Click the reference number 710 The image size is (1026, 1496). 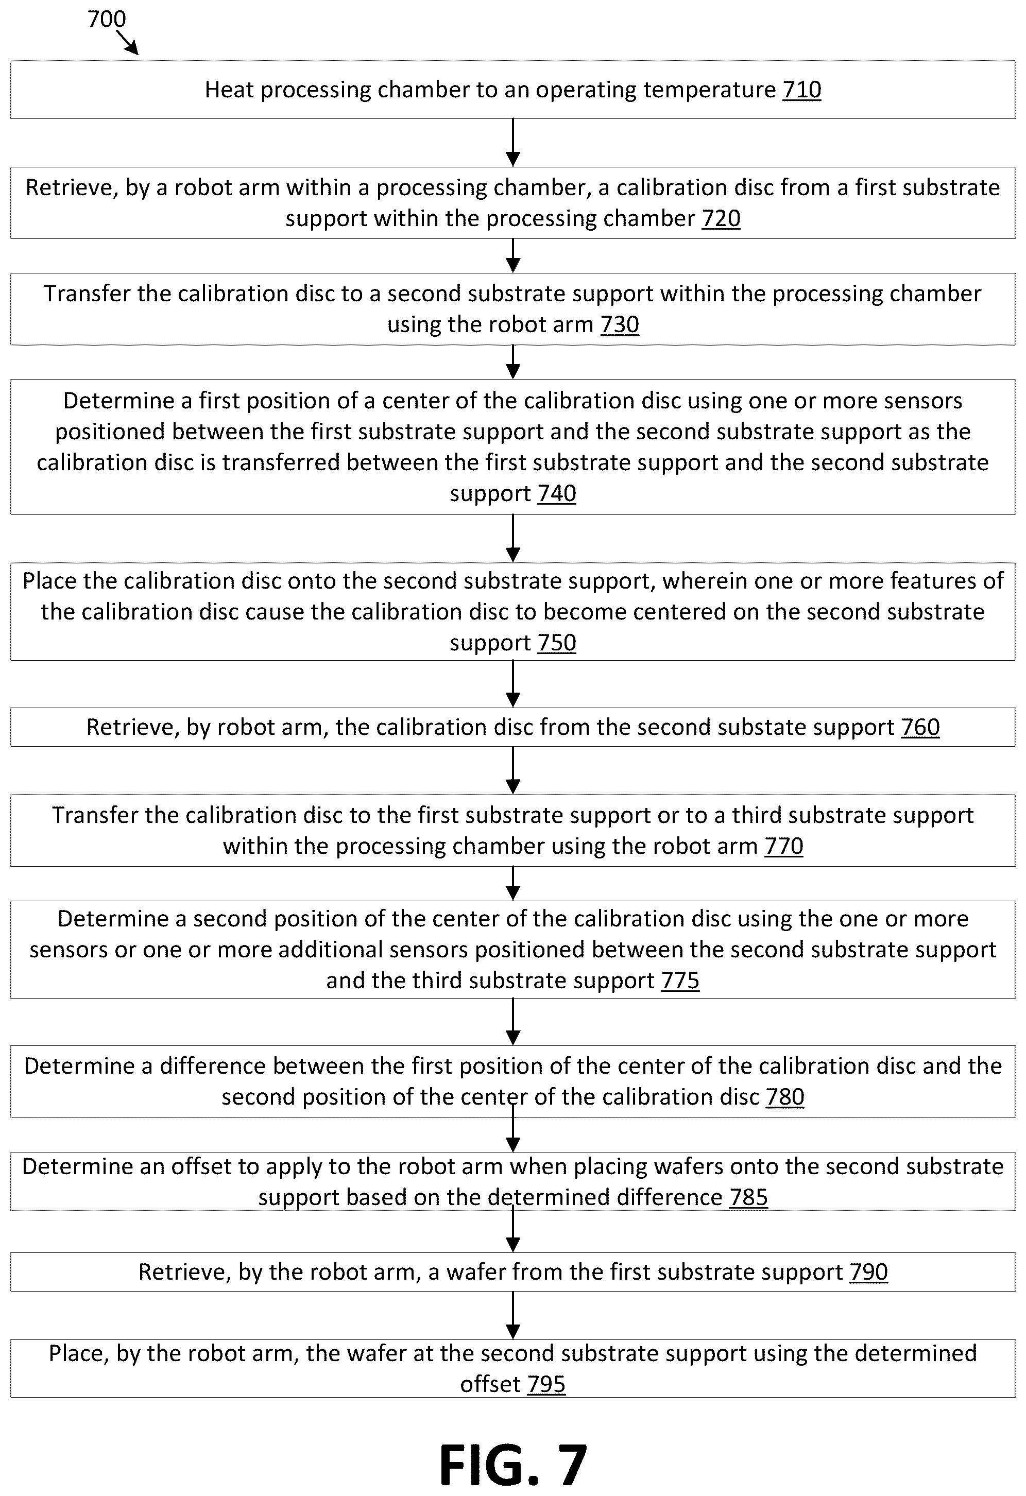(802, 90)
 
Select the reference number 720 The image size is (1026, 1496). (721, 219)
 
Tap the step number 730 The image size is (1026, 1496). (619, 324)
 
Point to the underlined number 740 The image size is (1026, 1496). (557, 494)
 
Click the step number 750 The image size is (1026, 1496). (557, 643)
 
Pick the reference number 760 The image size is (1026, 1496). (920, 727)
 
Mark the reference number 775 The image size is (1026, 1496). (680, 981)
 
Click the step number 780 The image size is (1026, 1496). (785, 1097)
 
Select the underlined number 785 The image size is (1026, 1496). (748, 1197)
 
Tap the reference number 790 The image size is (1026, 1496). (869, 1272)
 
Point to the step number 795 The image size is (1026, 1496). (546, 1384)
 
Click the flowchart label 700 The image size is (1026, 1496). (107, 20)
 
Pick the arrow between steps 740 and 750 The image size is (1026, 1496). (513, 539)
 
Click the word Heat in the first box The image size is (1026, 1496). (229, 90)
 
